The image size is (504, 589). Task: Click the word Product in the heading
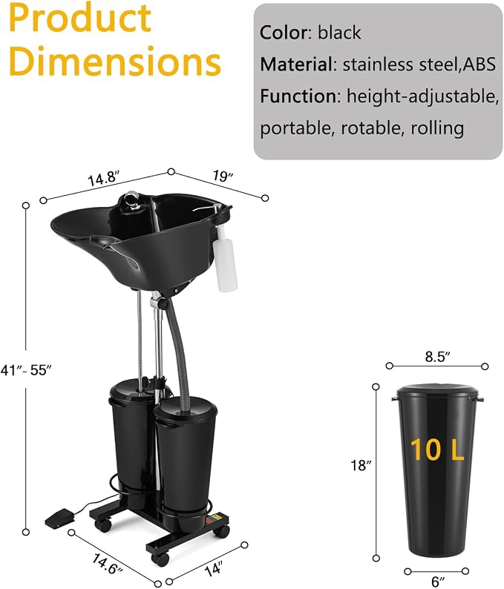[79, 19]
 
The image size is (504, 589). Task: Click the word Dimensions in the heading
[114, 61]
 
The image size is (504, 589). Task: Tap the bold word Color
[284, 33]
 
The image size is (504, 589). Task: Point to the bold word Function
[300, 96]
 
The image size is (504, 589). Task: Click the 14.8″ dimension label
[103, 178]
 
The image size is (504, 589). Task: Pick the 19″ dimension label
[223, 176]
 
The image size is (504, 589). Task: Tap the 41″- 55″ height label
[25, 370]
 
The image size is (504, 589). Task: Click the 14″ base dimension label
[214, 568]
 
